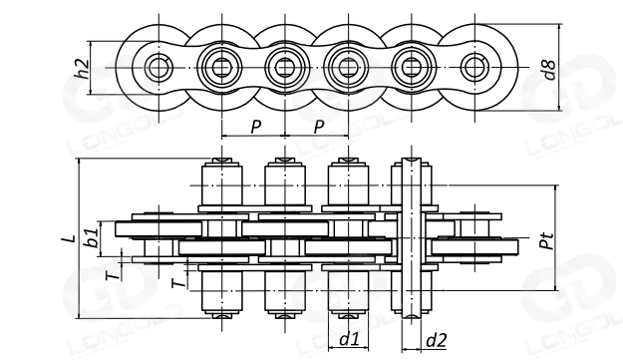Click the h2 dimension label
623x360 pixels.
click(x=82, y=69)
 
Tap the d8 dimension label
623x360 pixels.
click(x=549, y=70)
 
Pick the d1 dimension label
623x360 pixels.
click(x=349, y=339)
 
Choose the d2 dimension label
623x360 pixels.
click(x=437, y=340)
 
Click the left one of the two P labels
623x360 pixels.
click(x=256, y=127)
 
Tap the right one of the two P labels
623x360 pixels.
click(x=319, y=127)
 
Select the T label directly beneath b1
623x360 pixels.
click(x=114, y=275)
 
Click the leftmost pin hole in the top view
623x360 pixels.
click(x=158, y=68)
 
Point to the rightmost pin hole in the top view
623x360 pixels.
click(x=474, y=68)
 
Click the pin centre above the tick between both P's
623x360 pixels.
click(x=285, y=68)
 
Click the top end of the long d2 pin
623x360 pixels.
click(x=412, y=159)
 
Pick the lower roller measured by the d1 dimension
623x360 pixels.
click(x=349, y=291)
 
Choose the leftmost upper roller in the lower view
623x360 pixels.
click(x=222, y=185)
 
